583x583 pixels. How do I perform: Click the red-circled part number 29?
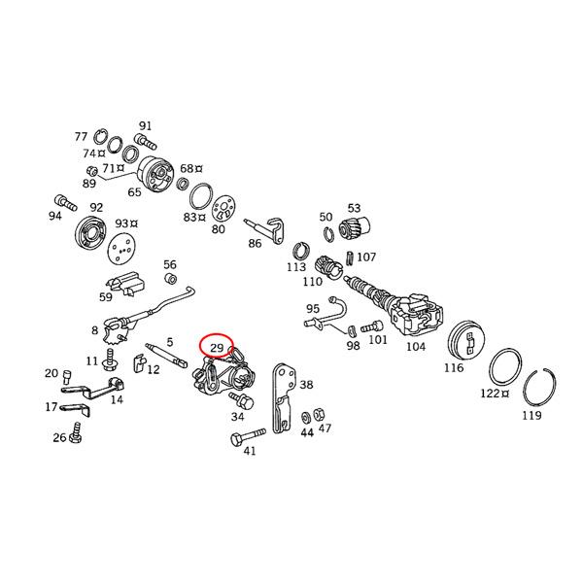pyautogui.click(x=217, y=346)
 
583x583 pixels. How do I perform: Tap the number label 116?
pyautogui.click(x=454, y=369)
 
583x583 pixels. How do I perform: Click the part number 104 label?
pyautogui.click(x=415, y=346)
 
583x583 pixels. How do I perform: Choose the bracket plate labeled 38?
pyautogui.click(x=284, y=398)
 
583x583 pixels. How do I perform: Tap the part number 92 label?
pyautogui.click(x=96, y=207)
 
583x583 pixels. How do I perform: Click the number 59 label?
pyautogui.click(x=106, y=297)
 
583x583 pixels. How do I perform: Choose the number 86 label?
pyautogui.click(x=255, y=244)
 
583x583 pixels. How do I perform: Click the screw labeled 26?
pyautogui.click(x=73, y=438)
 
